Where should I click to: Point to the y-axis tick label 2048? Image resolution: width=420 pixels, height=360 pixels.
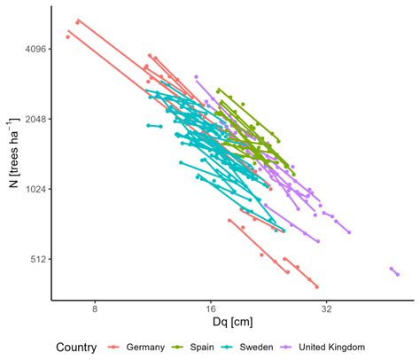(34, 119)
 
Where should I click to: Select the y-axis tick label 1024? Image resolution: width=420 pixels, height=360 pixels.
(34, 189)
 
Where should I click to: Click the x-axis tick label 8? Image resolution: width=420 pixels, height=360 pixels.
(94, 309)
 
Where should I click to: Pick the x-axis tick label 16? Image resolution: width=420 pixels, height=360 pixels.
(210, 309)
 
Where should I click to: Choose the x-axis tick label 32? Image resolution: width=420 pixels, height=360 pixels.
(326, 309)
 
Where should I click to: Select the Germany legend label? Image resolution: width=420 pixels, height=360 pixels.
(144, 347)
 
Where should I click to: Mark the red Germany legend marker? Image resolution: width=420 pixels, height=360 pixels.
(114, 347)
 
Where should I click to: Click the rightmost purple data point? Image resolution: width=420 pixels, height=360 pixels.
(398, 274)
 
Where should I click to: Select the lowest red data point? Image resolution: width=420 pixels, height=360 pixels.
(316, 286)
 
